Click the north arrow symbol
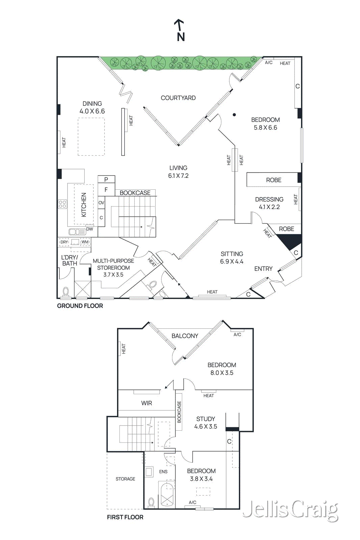pyautogui.click(x=180, y=30)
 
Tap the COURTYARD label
pyautogui.click(x=178, y=98)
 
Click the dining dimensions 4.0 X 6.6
pyautogui.click(x=92, y=111)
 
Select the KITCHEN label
pyautogui.click(x=84, y=205)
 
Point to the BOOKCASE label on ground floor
pyautogui.click(x=135, y=193)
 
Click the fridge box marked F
pyautogui.click(x=106, y=190)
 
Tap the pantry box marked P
pyautogui.click(x=106, y=179)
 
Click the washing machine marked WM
pyautogui.click(x=85, y=242)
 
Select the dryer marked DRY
pyautogui.click(x=64, y=242)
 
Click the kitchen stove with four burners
pyautogui.click(x=62, y=204)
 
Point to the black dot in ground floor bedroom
pyautogui.click(x=234, y=115)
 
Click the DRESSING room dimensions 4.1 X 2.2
pyautogui.click(x=269, y=207)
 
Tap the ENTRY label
pyautogui.click(x=263, y=269)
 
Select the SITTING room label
pyautogui.click(x=232, y=254)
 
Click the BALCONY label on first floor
pyautogui.click(x=185, y=336)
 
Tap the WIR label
pyautogui.click(x=146, y=403)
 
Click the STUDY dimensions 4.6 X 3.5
pyautogui.click(x=205, y=427)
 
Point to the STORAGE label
pyautogui.click(x=125, y=479)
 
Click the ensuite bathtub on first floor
pyautogui.click(x=167, y=494)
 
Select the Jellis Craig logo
pyautogui.click(x=290, y=510)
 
